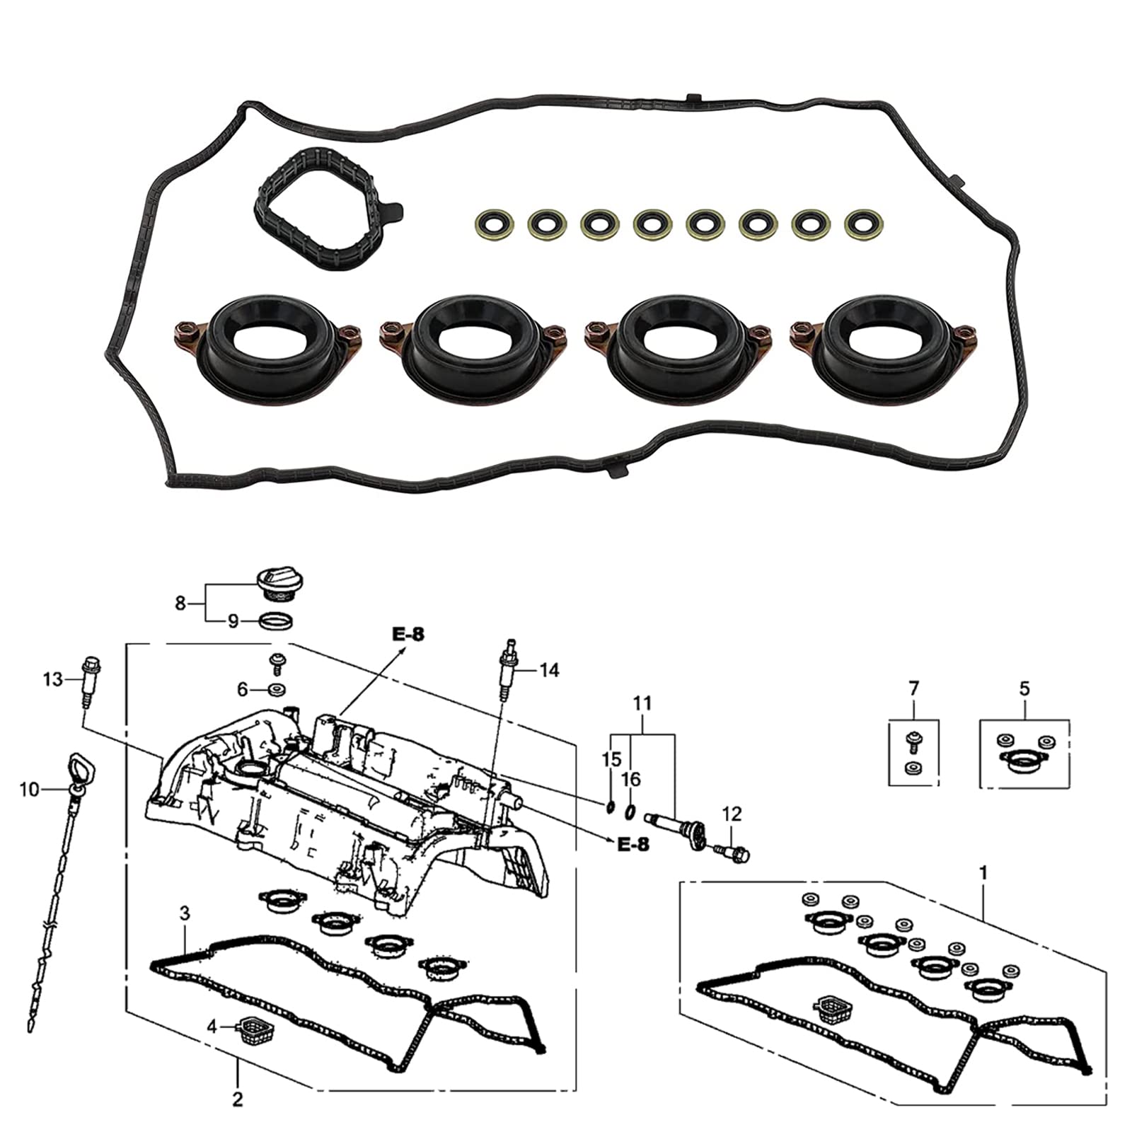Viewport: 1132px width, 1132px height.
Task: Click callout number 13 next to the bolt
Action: click(x=52, y=680)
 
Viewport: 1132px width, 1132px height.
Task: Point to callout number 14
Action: click(x=549, y=669)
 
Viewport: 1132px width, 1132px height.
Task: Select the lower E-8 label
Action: click(x=633, y=845)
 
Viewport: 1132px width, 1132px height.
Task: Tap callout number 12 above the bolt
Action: click(x=732, y=814)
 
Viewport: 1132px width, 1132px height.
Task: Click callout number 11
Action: click(x=642, y=704)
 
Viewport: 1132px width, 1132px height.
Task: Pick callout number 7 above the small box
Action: click(x=913, y=688)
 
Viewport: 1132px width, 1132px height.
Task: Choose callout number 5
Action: click(x=1025, y=688)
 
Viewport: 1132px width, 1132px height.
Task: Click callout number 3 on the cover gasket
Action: click(x=185, y=913)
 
